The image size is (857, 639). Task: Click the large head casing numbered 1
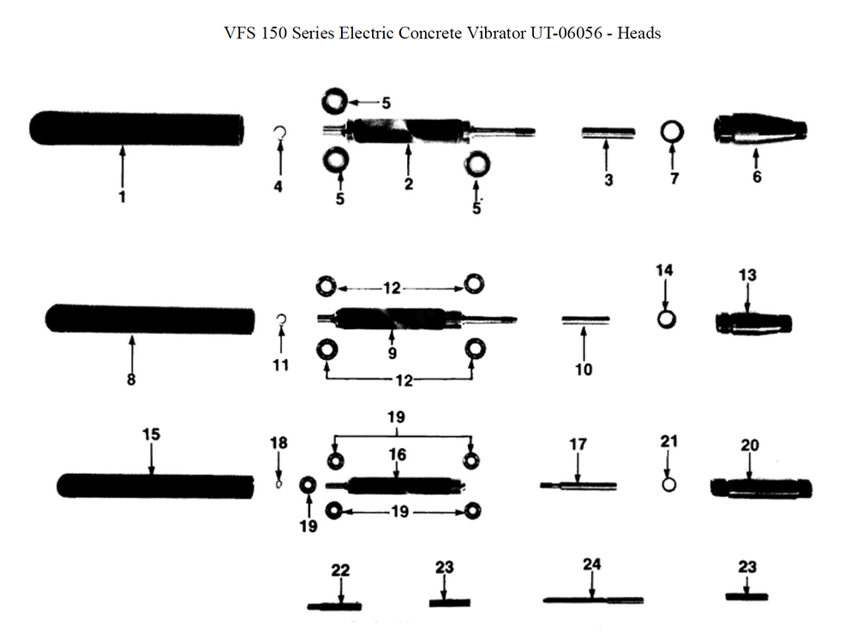pos(135,128)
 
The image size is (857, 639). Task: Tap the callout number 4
pos(278,186)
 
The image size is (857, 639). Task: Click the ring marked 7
pos(673,132)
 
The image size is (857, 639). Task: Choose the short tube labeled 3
pos(608,132)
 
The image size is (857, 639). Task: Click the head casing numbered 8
pos(150,319)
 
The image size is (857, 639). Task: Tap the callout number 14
pos(665,271)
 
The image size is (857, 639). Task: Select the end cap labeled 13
pos(752,324)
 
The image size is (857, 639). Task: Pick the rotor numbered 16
pos(396,485)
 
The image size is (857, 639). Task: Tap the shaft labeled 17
pos(578,486)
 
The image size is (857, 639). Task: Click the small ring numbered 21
pos(670,484)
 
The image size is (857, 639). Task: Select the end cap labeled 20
pos(761,488)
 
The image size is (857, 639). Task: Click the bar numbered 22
pos(335,606)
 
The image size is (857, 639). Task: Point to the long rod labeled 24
pos(592,600)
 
